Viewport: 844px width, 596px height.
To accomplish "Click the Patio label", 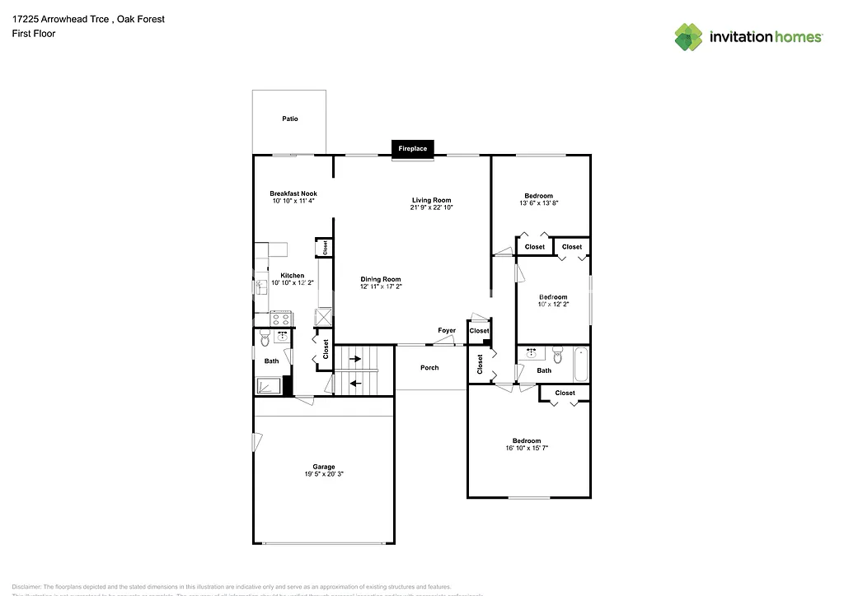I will (289, 119).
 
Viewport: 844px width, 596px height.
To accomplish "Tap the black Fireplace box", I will (413, 148).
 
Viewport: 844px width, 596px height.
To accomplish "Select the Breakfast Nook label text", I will (293, 193).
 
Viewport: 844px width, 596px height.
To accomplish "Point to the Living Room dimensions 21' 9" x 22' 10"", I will (431, 207).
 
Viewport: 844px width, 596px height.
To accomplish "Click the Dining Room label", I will (380, 279).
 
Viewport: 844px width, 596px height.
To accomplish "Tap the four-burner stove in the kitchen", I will (280, 318).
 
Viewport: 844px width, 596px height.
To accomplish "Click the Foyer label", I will (447, 331).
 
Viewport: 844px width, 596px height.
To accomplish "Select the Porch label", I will (429, 368).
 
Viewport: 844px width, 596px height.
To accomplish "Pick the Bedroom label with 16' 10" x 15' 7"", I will (527, 440).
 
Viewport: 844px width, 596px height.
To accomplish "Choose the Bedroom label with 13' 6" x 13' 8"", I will (539, 196).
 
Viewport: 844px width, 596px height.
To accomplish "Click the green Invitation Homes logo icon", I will (689, 37).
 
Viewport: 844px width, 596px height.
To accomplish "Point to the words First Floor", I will (34, 34).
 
